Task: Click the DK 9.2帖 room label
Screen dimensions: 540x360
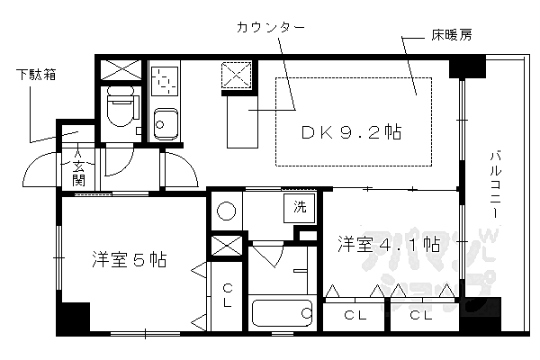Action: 351,132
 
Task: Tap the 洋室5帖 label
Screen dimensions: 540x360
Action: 130,259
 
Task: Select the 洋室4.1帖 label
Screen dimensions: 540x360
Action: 389,244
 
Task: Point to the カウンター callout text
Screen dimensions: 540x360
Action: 271,27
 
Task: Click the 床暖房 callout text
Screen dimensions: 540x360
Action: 452,35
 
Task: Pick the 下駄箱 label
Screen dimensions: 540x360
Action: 36,75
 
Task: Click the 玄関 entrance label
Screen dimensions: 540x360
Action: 78,174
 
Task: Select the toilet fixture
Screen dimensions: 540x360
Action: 121,106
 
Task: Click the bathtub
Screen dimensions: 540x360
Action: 282,313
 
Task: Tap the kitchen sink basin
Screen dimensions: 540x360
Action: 166,124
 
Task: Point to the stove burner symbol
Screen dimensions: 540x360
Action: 166,81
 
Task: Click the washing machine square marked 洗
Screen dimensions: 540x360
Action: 300,208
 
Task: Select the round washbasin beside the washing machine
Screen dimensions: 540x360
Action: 226,211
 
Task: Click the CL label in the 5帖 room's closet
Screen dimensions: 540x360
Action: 228,295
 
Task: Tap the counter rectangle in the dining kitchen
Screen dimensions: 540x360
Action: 242,121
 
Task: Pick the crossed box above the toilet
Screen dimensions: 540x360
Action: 121,70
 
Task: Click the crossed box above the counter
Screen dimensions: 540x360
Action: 236,76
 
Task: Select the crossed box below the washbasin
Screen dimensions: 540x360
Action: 226,246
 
